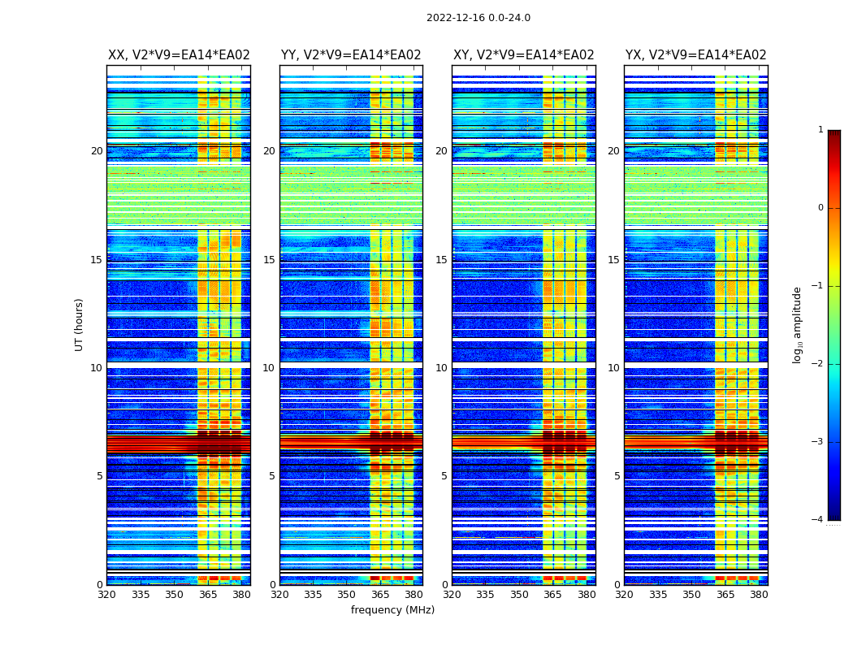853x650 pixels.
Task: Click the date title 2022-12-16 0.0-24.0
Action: point(478,18)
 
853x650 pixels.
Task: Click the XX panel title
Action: point(179,55)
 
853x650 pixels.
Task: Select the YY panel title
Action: point(351,55)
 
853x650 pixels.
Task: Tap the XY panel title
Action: point(523,55)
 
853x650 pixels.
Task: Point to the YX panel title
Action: point(695,55)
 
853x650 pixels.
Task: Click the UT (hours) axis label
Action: point(80,324)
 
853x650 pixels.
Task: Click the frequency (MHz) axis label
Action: point(392,610)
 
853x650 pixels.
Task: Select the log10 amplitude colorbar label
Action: point(798,324)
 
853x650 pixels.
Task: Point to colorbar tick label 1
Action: point(821,130)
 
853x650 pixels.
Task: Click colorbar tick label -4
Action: point(818,520)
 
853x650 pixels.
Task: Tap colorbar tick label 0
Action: point(821,208)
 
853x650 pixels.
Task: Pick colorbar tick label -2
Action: point(818,364)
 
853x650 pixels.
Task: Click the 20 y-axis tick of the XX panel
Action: point(97,151)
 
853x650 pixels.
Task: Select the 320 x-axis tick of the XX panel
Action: point(106,595)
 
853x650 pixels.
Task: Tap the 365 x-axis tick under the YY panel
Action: point(380,595)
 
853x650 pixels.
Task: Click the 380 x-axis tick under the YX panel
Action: point(759,595)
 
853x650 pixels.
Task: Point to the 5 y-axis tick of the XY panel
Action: point(444,476)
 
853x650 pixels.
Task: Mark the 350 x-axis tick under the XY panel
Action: point(519,595)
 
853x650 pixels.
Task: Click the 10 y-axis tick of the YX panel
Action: point(613,368)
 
